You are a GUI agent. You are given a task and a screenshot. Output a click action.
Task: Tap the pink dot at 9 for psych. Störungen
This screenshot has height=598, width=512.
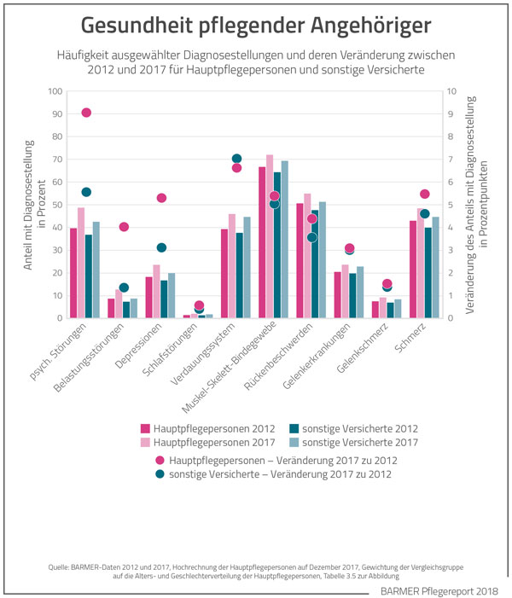click(x=86, y=113)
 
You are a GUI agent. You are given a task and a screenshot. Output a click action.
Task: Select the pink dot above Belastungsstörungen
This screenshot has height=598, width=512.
click(x=124, y=227)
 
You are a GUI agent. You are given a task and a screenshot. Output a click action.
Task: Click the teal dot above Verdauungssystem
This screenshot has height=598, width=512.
click(x=237, y=159)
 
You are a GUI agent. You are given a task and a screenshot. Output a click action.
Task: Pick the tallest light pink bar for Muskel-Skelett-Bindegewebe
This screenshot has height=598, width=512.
click(x=270, y=236)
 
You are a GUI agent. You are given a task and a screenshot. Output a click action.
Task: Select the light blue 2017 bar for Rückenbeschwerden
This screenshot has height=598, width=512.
click(x=322, y=259)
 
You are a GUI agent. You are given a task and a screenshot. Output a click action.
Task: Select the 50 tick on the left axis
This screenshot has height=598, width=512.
click(x=56, y=205)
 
